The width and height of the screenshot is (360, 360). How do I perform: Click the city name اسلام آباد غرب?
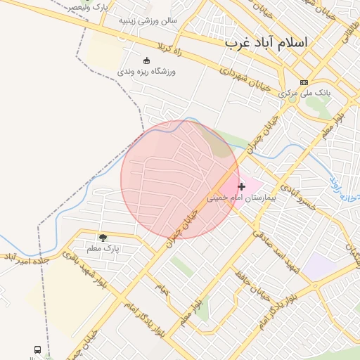(x=266, y=42)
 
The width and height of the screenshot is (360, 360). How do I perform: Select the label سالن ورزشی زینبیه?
(x=148, y=21)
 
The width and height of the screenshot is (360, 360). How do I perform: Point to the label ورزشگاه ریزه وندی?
(x=146, y=72)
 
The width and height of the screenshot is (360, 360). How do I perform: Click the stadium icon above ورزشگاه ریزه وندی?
(x=146, y=60)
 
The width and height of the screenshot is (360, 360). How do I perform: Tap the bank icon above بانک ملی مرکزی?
(x=304, y=82)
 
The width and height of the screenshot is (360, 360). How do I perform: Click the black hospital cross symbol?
(x=242, y=186)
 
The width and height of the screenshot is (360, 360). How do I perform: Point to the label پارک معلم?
(x=103, y=248)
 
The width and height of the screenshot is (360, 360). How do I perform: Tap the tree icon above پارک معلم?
(x=103, y=238)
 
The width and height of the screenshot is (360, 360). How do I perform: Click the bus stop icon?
(x=37, y=349)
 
